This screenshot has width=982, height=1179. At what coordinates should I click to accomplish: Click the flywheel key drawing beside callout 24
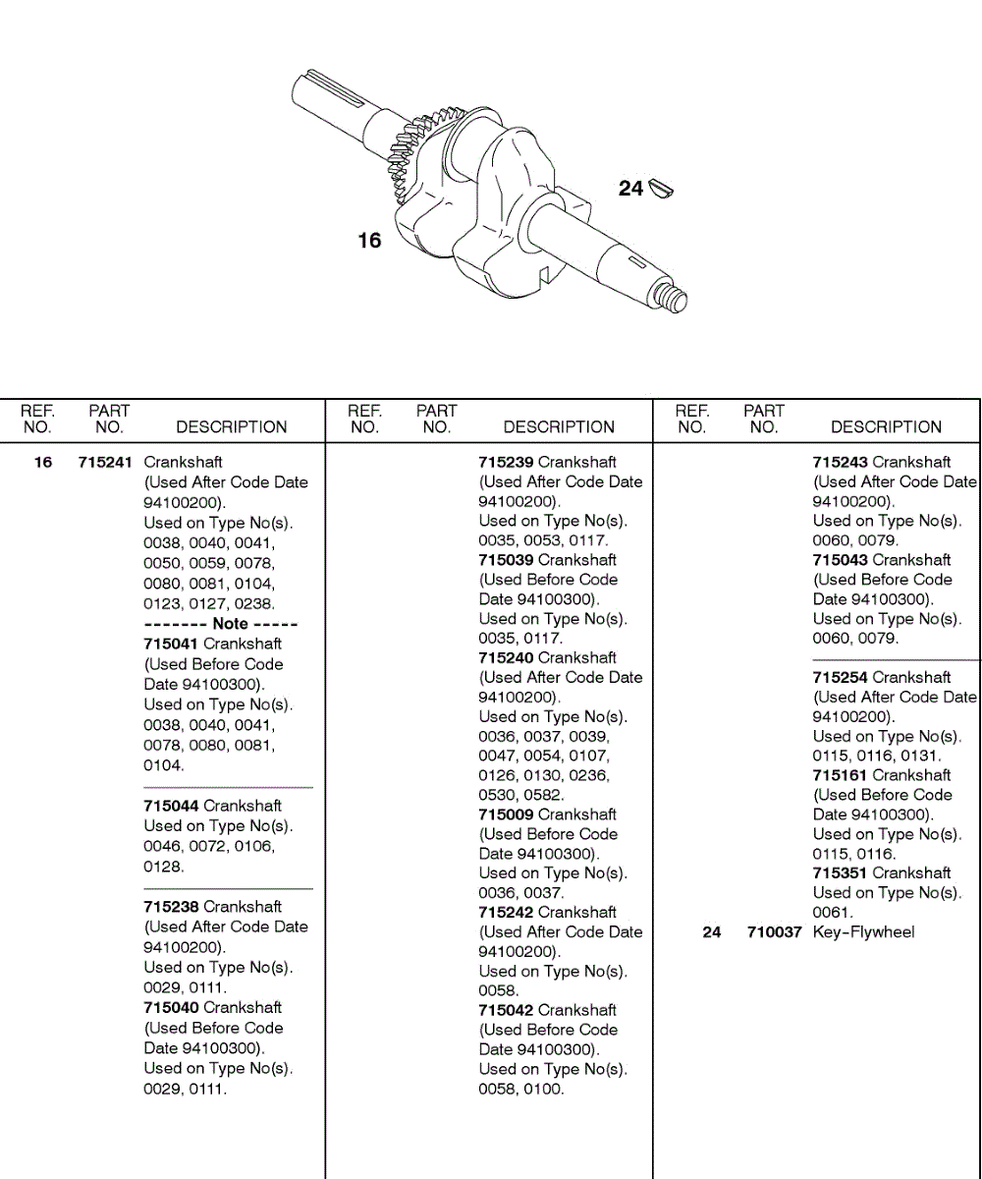[659, 188]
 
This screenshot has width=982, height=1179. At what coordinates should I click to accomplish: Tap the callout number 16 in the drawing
[369, 241]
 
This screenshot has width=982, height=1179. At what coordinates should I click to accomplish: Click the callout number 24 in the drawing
[630, 188]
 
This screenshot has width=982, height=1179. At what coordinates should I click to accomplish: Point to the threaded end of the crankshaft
[676, 299]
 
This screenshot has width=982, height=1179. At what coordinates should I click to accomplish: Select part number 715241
[105, 462]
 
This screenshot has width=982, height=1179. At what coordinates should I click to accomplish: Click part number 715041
[172, 644]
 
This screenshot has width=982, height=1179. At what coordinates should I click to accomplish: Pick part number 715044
[172, 806]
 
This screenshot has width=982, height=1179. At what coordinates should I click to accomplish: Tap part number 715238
[172, 907]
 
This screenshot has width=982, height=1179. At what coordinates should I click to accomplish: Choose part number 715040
[172, 1007]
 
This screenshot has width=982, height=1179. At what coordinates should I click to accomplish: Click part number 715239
[507, 462]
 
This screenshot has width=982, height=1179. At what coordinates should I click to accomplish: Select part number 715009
[507, 814]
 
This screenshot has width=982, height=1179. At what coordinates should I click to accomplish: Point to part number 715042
[507, 1010]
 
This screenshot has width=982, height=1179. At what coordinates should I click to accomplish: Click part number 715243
[841, 462]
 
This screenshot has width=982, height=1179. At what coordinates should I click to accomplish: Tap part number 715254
[841, 677]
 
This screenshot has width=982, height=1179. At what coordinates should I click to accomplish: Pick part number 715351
[841, 872]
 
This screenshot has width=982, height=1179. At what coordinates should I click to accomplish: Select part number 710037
[776, 932]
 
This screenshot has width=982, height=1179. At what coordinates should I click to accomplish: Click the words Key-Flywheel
[863, 932]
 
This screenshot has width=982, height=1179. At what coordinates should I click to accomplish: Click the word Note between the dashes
[230, 624]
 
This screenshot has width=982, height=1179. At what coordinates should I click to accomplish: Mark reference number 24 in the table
[712, 932]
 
